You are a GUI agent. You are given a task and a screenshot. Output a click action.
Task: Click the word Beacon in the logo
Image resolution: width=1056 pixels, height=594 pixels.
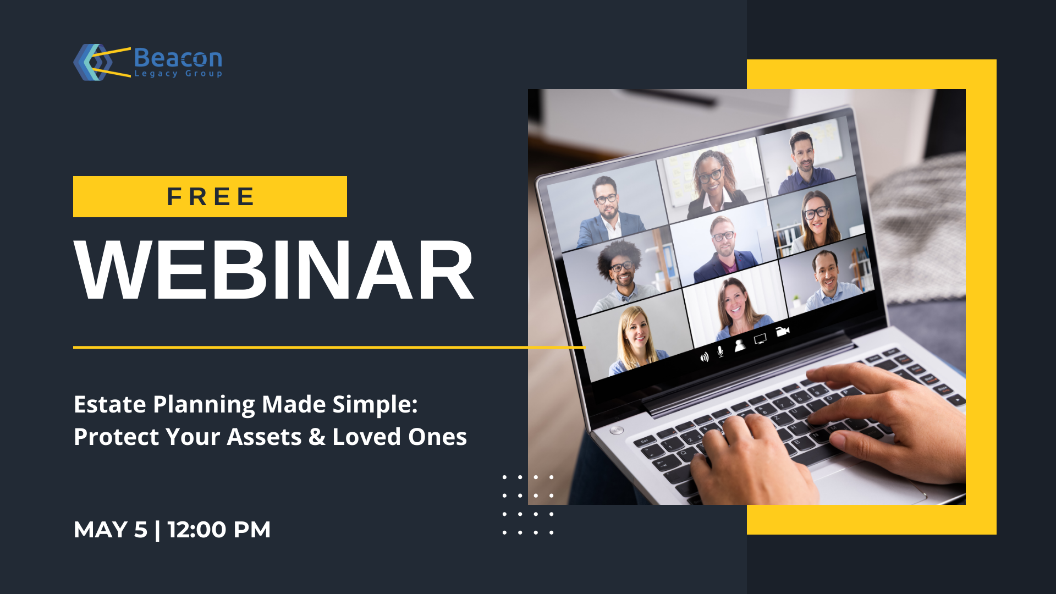(178, 58)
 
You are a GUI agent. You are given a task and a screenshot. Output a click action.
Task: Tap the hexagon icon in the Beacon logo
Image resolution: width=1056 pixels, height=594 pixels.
(91, 62)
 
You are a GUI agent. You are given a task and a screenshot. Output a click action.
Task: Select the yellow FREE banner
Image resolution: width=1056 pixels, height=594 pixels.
(210, 196)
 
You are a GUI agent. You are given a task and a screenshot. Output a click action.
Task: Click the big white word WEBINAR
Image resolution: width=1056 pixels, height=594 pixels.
(274, 270)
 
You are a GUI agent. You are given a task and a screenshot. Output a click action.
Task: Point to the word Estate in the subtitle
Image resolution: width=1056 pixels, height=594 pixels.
(110, 404)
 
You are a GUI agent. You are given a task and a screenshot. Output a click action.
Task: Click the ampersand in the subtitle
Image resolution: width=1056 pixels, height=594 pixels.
(317, 437)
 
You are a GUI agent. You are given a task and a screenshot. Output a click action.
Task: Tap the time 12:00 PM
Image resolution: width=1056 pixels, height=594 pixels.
(219, 530)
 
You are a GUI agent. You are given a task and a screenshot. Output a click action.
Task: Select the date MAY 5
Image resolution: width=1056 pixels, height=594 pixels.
(111, 530)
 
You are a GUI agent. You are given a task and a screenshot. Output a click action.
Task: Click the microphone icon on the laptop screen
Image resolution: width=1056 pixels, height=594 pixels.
(721, 351)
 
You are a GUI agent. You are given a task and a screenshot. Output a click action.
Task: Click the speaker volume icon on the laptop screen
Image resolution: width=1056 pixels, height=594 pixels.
(705, 357)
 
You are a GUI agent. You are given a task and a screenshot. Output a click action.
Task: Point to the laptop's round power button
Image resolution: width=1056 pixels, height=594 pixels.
(617, 430)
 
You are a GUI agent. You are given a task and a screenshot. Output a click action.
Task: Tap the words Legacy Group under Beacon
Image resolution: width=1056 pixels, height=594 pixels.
(178, 74)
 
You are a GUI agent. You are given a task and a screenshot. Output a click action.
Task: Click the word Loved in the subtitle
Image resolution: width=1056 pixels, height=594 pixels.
(366, 437)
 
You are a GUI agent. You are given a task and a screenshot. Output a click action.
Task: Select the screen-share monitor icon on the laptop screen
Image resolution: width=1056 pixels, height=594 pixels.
(760, 339)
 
